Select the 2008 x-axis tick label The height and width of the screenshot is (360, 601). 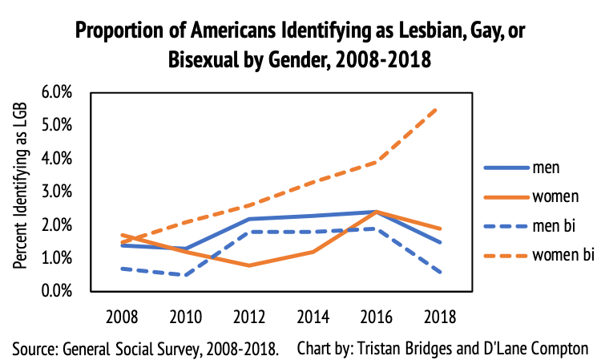pos(121,316)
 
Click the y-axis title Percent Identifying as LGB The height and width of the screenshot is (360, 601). pos(22,192)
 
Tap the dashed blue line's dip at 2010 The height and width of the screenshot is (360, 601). pos(186,275)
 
